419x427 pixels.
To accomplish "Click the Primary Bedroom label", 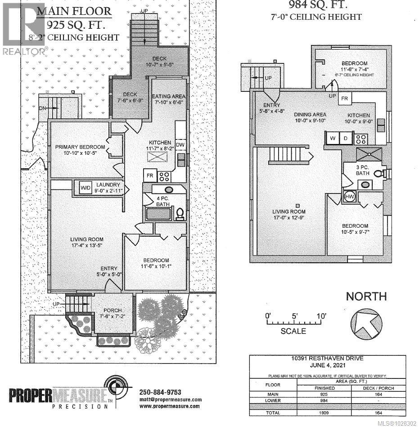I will (x=80, y=147).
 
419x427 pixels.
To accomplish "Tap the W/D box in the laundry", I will (x=85, y=187).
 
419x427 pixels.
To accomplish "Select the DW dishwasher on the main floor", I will (x=180, y=144).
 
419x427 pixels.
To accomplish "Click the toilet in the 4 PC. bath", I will (x=180, y=213).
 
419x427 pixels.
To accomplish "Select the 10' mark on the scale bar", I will (x=321, y=316).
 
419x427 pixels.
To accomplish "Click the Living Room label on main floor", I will (x=87, y=239).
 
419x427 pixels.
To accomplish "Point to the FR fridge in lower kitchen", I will (x=346, y=98).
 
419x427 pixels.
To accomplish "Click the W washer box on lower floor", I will (x=332, y=138).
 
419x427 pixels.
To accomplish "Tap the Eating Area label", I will (x=168, y=96).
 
